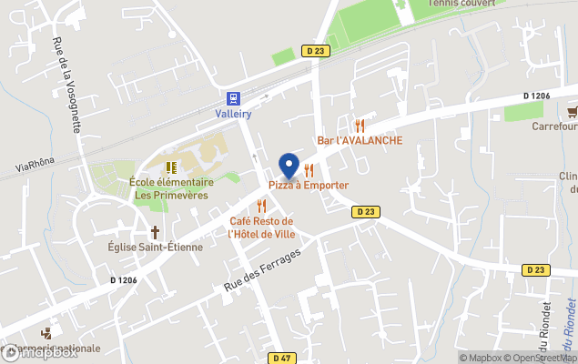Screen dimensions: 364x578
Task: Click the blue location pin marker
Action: click(289, 166)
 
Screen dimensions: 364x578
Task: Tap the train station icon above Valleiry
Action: click(234, 98)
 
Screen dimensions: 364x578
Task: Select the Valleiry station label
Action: click(234, 114)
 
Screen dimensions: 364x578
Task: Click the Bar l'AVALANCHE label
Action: click(360, 140)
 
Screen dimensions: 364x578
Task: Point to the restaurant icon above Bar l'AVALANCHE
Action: click(360, 126)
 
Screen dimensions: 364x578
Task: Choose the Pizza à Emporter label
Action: click(308, 185)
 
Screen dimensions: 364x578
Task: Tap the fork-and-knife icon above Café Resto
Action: click(261, 206)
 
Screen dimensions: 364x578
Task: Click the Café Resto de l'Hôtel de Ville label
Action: click(261, 227)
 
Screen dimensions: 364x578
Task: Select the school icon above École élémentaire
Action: click(170, 167)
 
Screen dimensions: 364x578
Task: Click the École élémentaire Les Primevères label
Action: click(170, 187)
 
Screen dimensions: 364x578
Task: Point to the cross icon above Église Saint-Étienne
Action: click(155, 231)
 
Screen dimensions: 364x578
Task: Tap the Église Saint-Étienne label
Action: click(155, 247)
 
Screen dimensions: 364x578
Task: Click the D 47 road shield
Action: click(282, 359)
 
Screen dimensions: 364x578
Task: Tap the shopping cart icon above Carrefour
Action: click(573, 111)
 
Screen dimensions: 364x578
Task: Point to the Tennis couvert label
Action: click(464, 4)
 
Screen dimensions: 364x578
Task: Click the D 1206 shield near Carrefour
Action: click(538, 96)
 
